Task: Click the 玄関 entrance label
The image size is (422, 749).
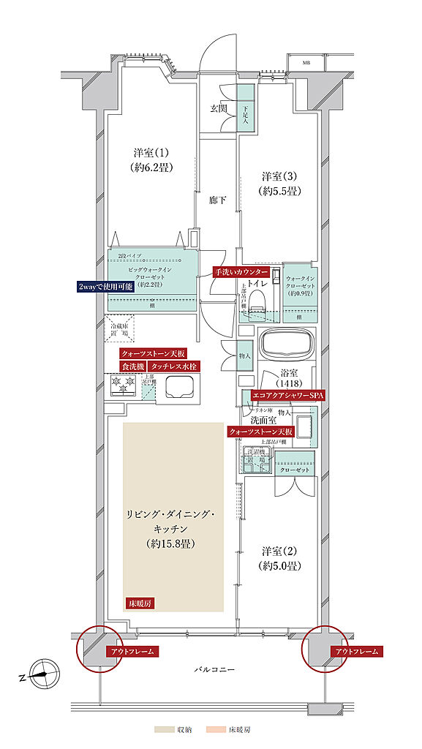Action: (x=219, y=108)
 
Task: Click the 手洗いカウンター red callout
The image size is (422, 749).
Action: (x=241, y=271)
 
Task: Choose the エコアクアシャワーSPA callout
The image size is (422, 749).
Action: (x=287, y=395)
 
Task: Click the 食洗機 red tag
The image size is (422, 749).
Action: (x=132, y=366)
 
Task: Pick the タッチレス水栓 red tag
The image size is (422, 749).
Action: (x=173, y=366)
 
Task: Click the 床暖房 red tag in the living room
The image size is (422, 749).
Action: (x=139, y=604)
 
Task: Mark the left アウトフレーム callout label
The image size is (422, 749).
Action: (x=131, y=651)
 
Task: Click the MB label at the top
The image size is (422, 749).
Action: (x=306, y=64)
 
